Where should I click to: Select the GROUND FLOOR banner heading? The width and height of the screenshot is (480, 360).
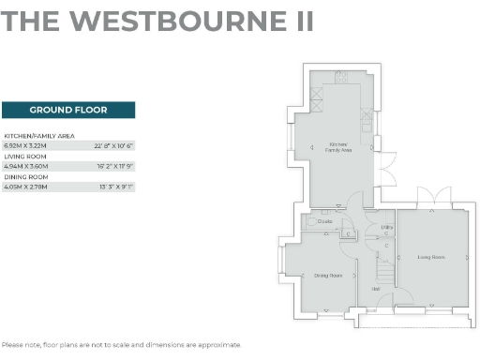point(68,110)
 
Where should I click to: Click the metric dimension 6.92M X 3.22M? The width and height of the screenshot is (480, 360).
point(25,146)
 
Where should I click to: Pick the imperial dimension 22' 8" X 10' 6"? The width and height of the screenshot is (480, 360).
point(114,146)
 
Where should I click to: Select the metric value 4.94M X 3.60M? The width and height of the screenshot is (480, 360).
point(25,166)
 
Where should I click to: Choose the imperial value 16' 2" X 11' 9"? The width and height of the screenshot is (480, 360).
point(114,166)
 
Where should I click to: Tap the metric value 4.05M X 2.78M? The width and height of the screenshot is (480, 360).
point(25,187)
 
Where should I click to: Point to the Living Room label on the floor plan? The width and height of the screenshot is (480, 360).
point(430,256)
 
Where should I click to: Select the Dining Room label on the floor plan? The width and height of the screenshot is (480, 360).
point(327,276)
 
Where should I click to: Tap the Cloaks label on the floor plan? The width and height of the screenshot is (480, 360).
point(324,221)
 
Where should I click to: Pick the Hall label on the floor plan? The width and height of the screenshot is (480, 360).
point(375,289)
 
